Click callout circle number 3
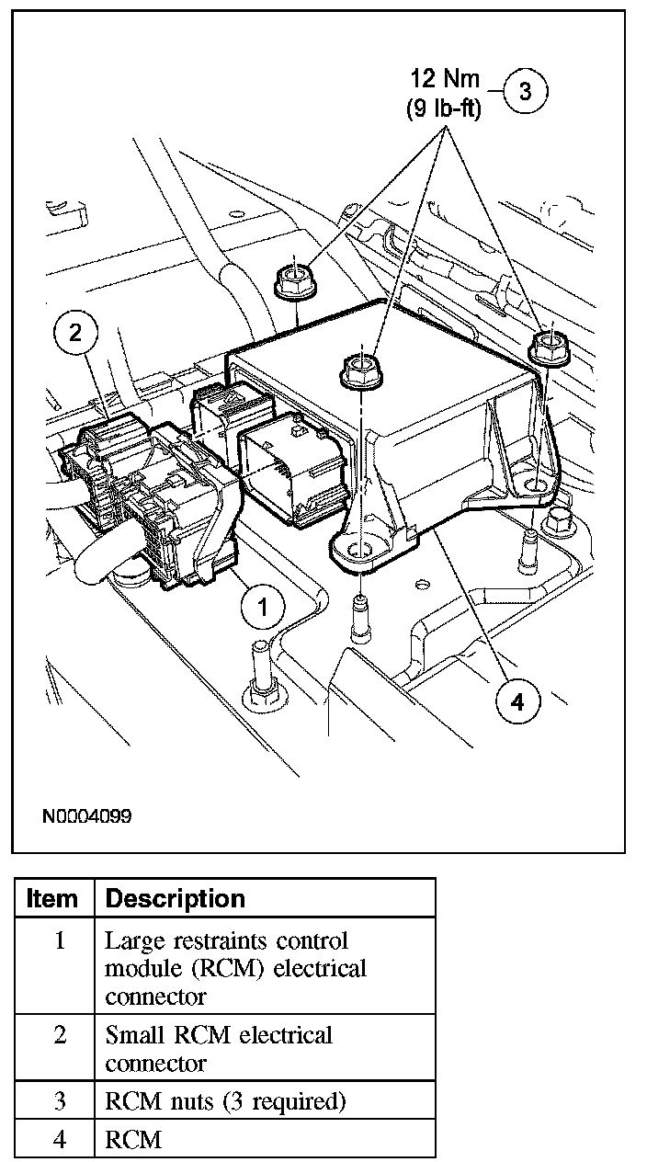(x=525, y=91)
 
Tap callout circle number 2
(x=76, y=333)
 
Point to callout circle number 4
(x=516, y=701)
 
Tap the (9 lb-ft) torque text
(x=443, y=108)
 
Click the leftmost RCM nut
(x=293, y=279)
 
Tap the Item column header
(x=52, y=898)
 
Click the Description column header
(x=176, y=898)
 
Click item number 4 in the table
(x=59, y=1140)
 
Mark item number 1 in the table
(x=59, y=941)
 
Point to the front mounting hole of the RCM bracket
(x=362, y=553)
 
